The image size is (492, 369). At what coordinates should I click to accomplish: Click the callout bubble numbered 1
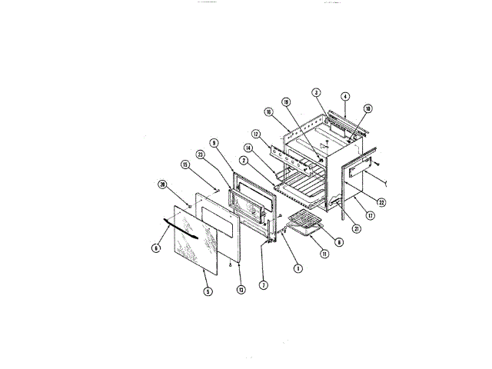point(298,268)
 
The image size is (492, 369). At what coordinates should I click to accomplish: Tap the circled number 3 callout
point(316,93)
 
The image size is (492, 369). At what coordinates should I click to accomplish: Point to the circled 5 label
point(207,291)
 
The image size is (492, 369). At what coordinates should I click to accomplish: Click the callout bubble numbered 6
point(157,248)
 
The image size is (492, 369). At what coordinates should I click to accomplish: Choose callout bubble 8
point(339,241)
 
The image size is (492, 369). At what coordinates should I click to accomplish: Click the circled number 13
point(241,290)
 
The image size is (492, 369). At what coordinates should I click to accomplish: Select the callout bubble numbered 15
point(185,165)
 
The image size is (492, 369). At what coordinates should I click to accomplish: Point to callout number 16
point(270,111)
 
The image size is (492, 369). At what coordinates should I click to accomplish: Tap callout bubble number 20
point(162,184)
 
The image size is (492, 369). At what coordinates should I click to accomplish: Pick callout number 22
point(381,202)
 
